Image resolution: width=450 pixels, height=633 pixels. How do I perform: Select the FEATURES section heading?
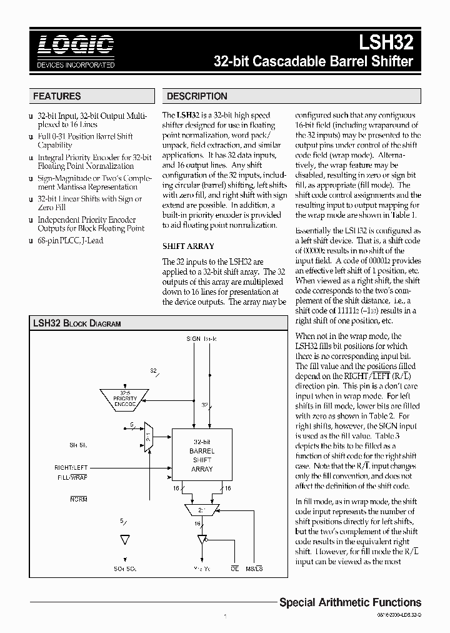(x=57, y=96)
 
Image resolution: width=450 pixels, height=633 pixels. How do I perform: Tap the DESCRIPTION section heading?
(x=196, y=96)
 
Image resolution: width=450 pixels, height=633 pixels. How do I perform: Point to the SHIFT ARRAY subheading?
(x=188, y=246)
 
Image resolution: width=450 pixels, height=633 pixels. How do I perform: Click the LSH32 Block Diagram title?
(x=76, y=323)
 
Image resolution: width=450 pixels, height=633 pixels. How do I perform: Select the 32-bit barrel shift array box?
(x=201, y=455)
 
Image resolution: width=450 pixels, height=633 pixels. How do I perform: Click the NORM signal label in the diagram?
(x=79, y=499)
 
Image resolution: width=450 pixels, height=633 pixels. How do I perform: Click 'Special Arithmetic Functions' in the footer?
(x=349, y=602)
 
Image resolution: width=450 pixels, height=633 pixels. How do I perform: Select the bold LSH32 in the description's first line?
(x=187, y=115)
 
